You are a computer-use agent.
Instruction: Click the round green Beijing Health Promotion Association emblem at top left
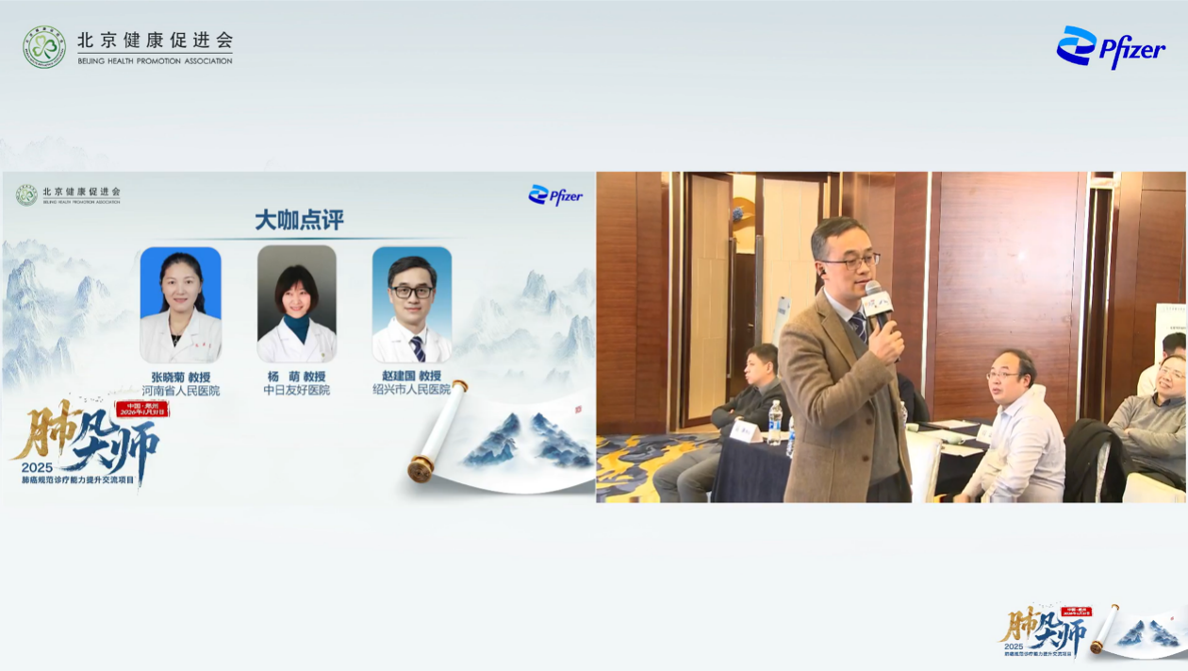(44, 47)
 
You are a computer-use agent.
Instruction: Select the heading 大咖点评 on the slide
(299, 220)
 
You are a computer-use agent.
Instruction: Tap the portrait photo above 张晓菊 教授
(180, 304)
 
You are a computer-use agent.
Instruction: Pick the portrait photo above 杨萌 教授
(296, 304)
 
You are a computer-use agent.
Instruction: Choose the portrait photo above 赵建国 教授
(411, 304)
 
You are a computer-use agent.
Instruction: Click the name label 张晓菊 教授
(180, 377)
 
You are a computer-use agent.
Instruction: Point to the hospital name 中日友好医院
(296, 390)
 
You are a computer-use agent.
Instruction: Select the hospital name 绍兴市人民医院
(411, 390)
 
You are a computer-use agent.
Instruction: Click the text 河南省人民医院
(180, 390)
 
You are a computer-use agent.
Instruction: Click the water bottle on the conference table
(775, 422)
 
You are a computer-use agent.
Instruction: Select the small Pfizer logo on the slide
(555, 195)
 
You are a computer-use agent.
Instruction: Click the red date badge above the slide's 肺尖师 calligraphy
(141, 409)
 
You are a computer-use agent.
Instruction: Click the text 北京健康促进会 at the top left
(155, 41)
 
